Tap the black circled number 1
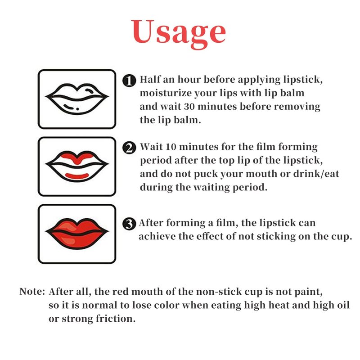(129, 81)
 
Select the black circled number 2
(129, 148)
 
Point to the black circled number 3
(129, 224)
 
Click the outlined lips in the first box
(77, 99)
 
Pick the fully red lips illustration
(77, 234)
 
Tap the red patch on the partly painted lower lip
(77, 176)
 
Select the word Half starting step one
(150, 80)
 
